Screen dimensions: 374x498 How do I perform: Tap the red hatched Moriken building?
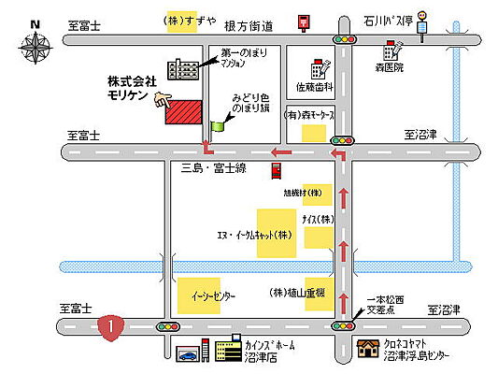click(184, 110)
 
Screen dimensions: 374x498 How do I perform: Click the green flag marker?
click(218, 123)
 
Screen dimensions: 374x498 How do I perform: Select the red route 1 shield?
click(110, 326)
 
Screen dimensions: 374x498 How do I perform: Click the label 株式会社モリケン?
click(132, 90)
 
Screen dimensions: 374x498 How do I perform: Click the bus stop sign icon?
click(422, 19)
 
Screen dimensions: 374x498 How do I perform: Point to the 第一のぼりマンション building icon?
click(178, 67)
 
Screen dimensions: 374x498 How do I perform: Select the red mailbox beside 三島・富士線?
click(277, 170)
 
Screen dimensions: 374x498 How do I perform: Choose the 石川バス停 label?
click(387, 17)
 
